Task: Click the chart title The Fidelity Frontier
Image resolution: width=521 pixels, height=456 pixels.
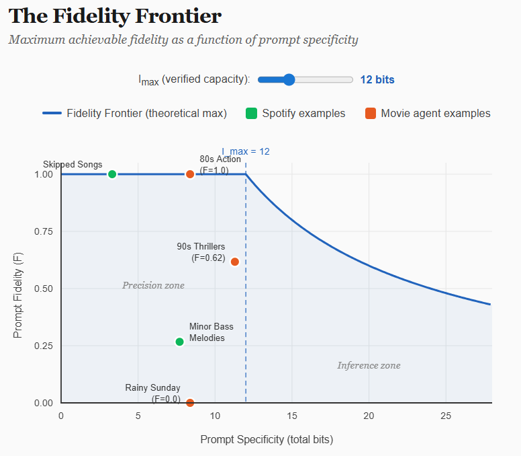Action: click(115, 16)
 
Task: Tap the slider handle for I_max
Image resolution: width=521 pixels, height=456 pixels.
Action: click(289, 79)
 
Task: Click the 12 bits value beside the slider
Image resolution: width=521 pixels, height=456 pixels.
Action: click(377, 79)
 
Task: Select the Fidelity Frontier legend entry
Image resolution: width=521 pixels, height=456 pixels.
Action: click(134, 113)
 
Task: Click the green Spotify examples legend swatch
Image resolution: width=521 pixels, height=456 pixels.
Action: click(252, 113)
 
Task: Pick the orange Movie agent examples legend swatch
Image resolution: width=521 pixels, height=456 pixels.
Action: click(371, 113)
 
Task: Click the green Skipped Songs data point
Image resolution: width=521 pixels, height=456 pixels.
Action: click(112, 174)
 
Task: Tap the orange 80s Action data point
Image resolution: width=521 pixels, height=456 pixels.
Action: click(190, 174)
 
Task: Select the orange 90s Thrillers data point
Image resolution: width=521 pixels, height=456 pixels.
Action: click(235, 262)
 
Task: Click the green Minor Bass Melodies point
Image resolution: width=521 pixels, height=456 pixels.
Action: click(179, 342)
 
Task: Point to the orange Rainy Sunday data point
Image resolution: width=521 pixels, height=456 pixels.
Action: click(190, 403)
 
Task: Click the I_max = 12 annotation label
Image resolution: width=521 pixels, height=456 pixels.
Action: click(246, 151)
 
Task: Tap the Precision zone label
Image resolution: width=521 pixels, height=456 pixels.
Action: click(153, 285)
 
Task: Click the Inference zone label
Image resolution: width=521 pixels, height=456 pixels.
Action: click(369, 365)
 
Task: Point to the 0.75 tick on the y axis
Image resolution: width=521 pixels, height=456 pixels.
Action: click(44, 231)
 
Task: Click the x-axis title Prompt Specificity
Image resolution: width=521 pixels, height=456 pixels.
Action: click(267, 439)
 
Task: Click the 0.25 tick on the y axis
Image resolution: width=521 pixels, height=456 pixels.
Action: click(44, 346)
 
